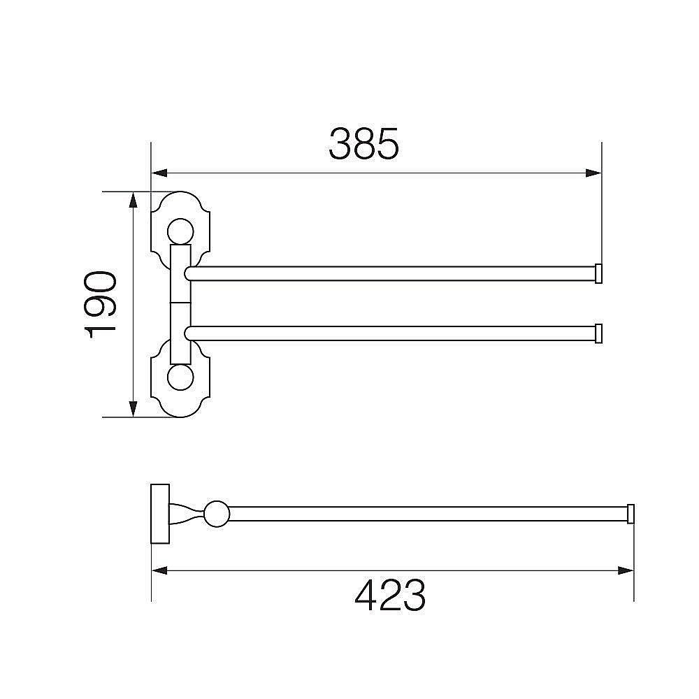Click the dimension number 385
363,144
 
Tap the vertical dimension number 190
100,305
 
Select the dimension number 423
390,596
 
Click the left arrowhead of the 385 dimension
159,173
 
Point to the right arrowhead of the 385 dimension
593,173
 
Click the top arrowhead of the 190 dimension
133,200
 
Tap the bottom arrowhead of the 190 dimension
133,409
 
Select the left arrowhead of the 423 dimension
159,570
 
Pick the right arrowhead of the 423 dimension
626,570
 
